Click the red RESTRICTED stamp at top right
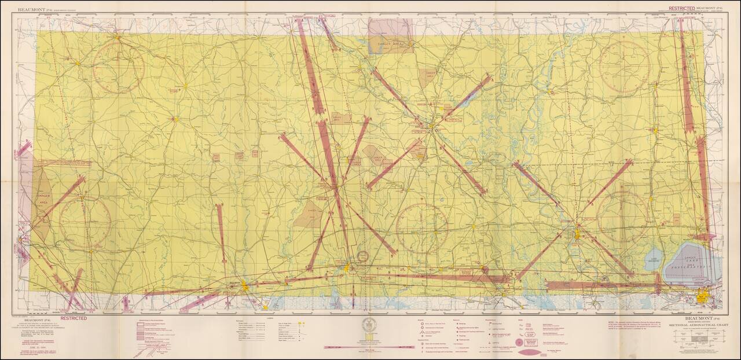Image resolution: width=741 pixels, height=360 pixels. click(681, 8)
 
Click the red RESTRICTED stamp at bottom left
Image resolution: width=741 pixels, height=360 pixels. click(74, 318)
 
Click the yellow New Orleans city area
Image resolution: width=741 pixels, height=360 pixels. click(702, 299)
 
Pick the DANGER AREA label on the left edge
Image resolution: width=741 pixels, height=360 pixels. click(43, 199)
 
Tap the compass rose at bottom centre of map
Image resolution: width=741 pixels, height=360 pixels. click(422, 227)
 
